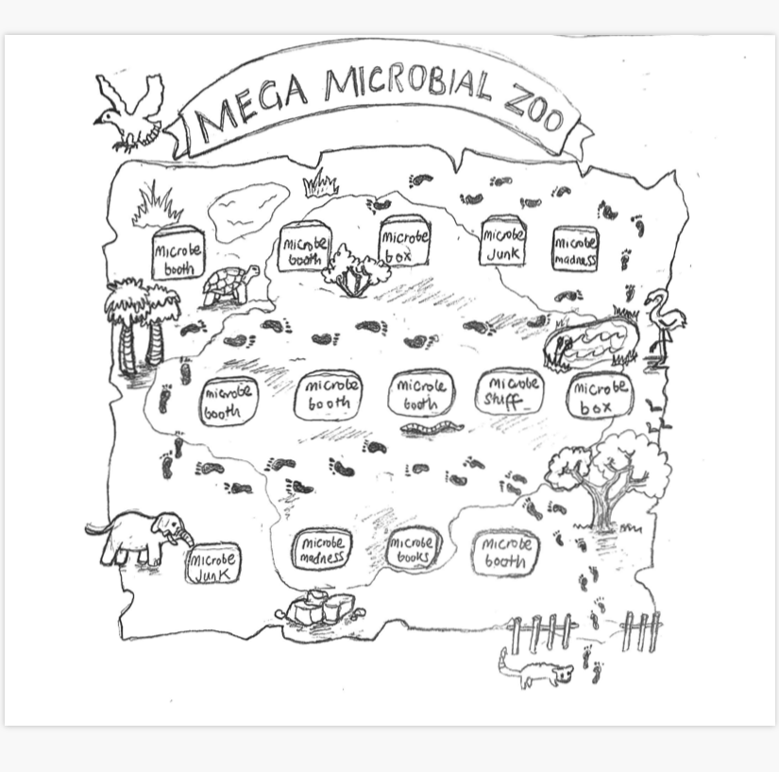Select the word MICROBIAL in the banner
coord(408,86)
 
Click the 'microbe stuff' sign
coord(510,392)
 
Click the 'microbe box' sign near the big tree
coord(600,397)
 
